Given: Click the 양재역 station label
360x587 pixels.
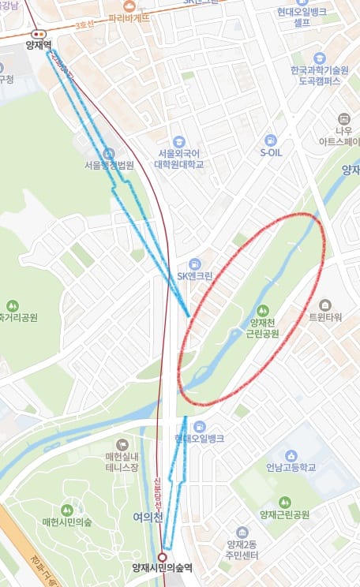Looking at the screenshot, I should click(x=38, y=47).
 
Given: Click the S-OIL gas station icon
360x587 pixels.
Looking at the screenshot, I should click(x=271, y=139).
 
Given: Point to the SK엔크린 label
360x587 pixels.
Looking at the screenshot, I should click(x=195, y=275).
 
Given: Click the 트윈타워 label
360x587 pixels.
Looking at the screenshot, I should click(x=324, y=317).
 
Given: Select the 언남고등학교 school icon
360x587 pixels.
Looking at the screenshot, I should click(x=291, y=455).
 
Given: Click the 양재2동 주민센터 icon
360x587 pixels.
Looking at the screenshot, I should click(x=242, y=533).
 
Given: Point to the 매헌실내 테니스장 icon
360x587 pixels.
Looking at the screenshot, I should click(x=122, y=446).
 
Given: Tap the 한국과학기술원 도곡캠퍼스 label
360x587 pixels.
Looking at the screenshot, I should click(x=320, y=75).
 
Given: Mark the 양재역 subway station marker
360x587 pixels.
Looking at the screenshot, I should click(x=38, y=34).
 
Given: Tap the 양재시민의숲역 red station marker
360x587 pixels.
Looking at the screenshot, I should click(x=166, y=554).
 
